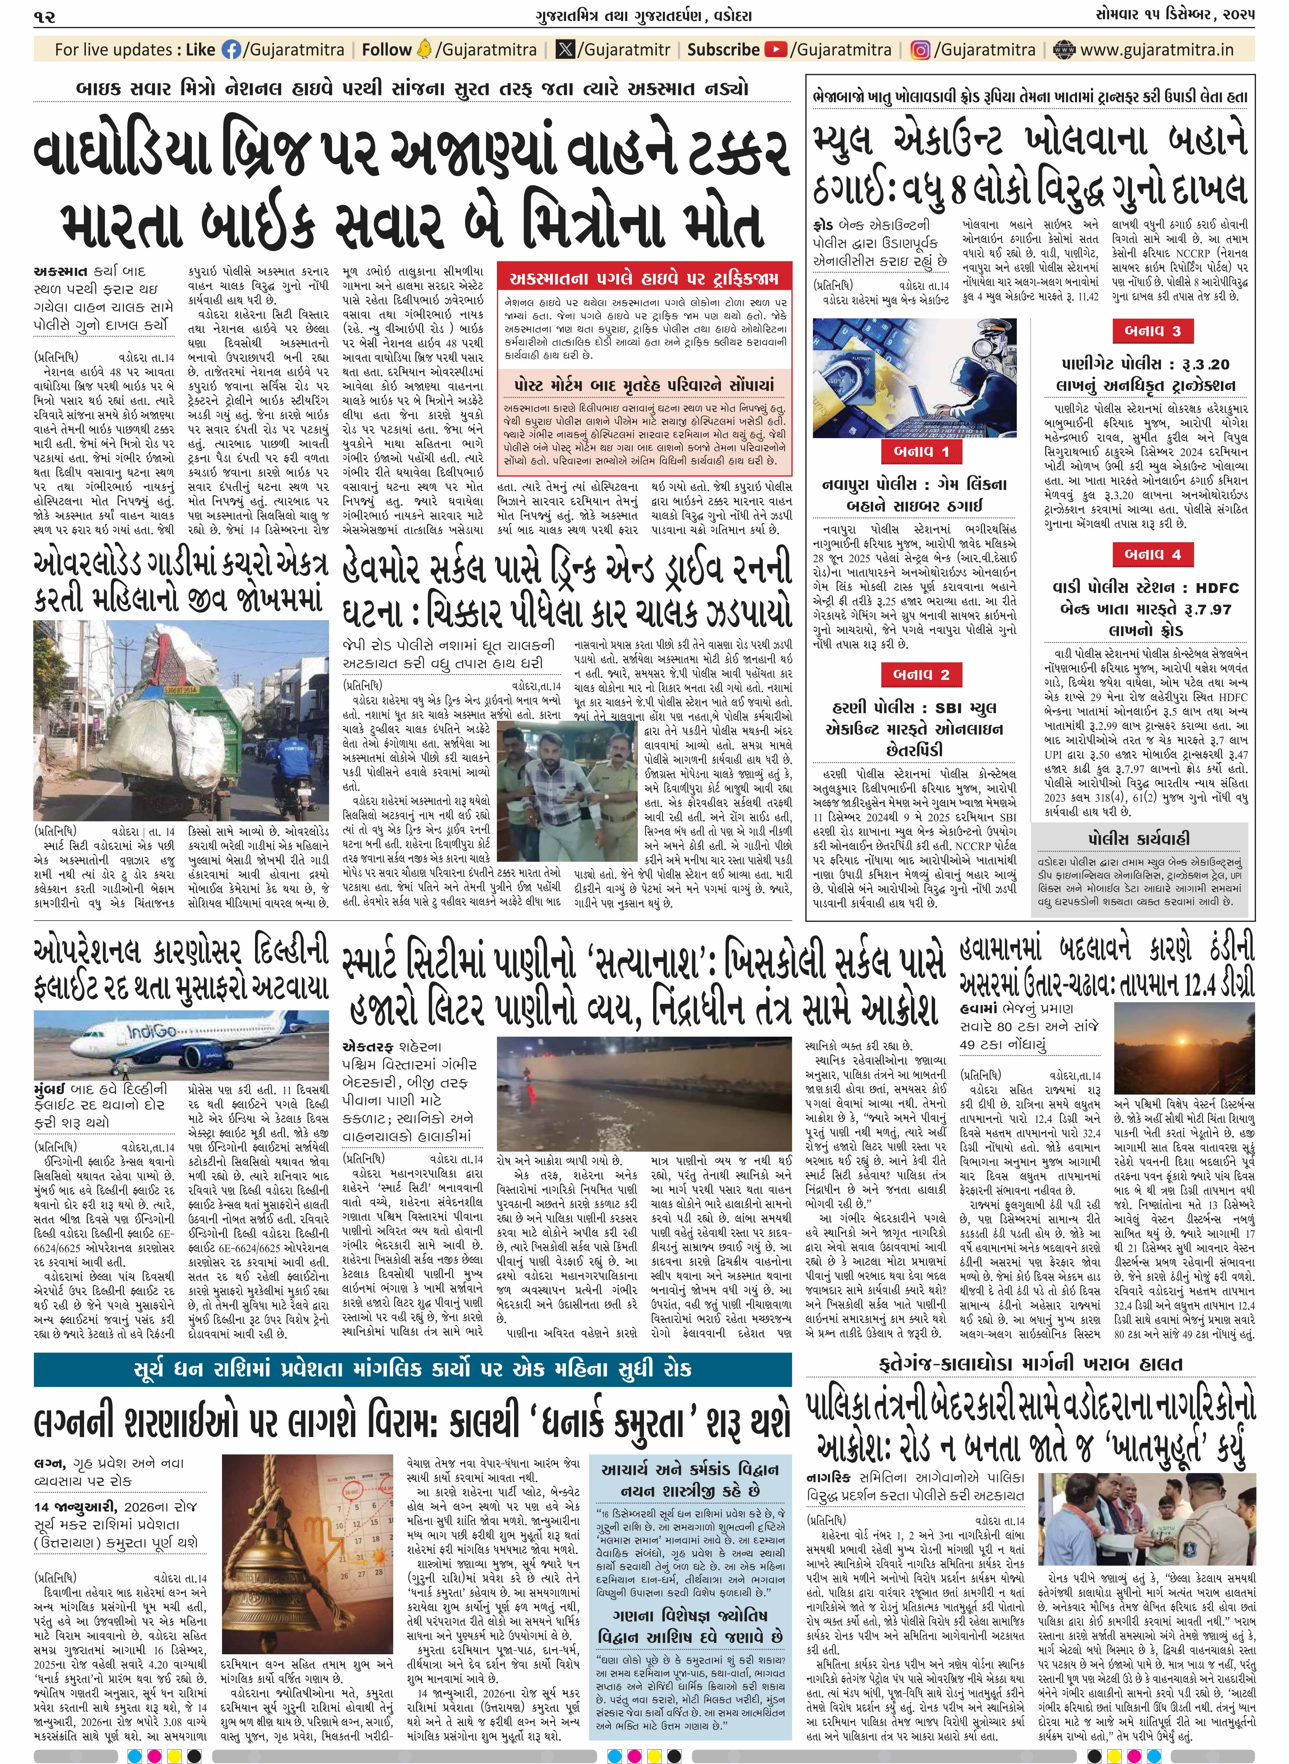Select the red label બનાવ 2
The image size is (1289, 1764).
(921, 674)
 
